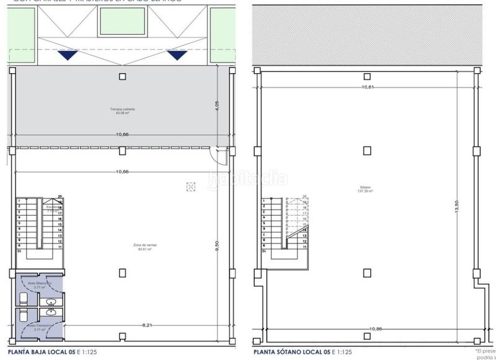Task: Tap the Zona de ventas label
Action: (145, 247)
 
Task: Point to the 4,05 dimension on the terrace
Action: (218, 106)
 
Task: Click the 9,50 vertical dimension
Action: (218, 246)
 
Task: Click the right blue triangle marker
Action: (178, 56)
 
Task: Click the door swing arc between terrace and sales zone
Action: (214, 160)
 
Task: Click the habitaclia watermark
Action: (248, 179)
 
